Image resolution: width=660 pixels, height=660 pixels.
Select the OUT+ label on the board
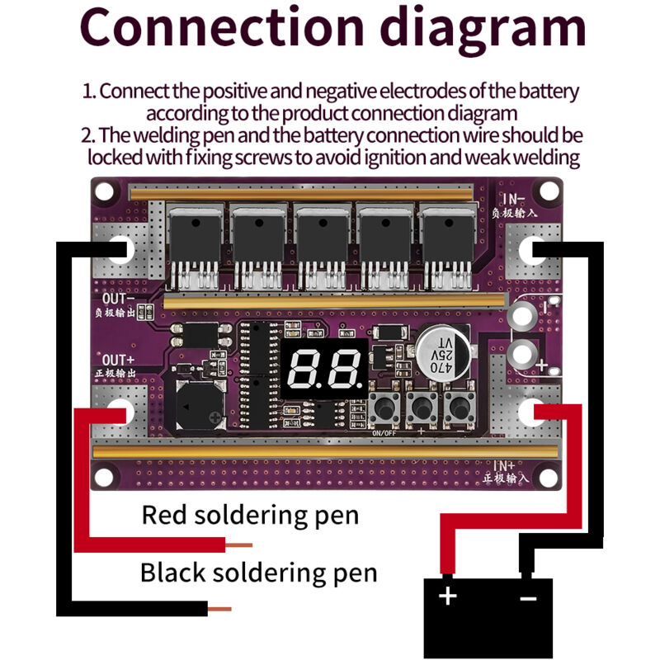pos(119,361)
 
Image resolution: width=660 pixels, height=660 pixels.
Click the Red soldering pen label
pos(250,515)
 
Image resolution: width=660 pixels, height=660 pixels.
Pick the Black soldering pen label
pos(258,572)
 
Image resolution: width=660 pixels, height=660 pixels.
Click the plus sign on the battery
pos(447,595)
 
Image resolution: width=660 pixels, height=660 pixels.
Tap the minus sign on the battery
pos(528,596)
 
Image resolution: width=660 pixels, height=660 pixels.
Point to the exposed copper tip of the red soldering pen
pos(239,544)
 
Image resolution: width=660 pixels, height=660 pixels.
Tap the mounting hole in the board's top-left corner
pos(105,192)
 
